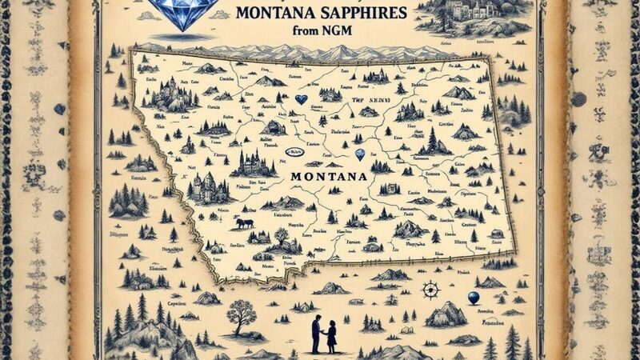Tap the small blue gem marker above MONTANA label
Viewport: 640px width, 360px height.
coord(360,157)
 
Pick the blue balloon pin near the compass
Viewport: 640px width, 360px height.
coord(473,298)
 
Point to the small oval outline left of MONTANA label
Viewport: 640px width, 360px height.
coord(297,152)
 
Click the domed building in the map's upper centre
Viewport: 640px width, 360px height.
coord(274,126)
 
